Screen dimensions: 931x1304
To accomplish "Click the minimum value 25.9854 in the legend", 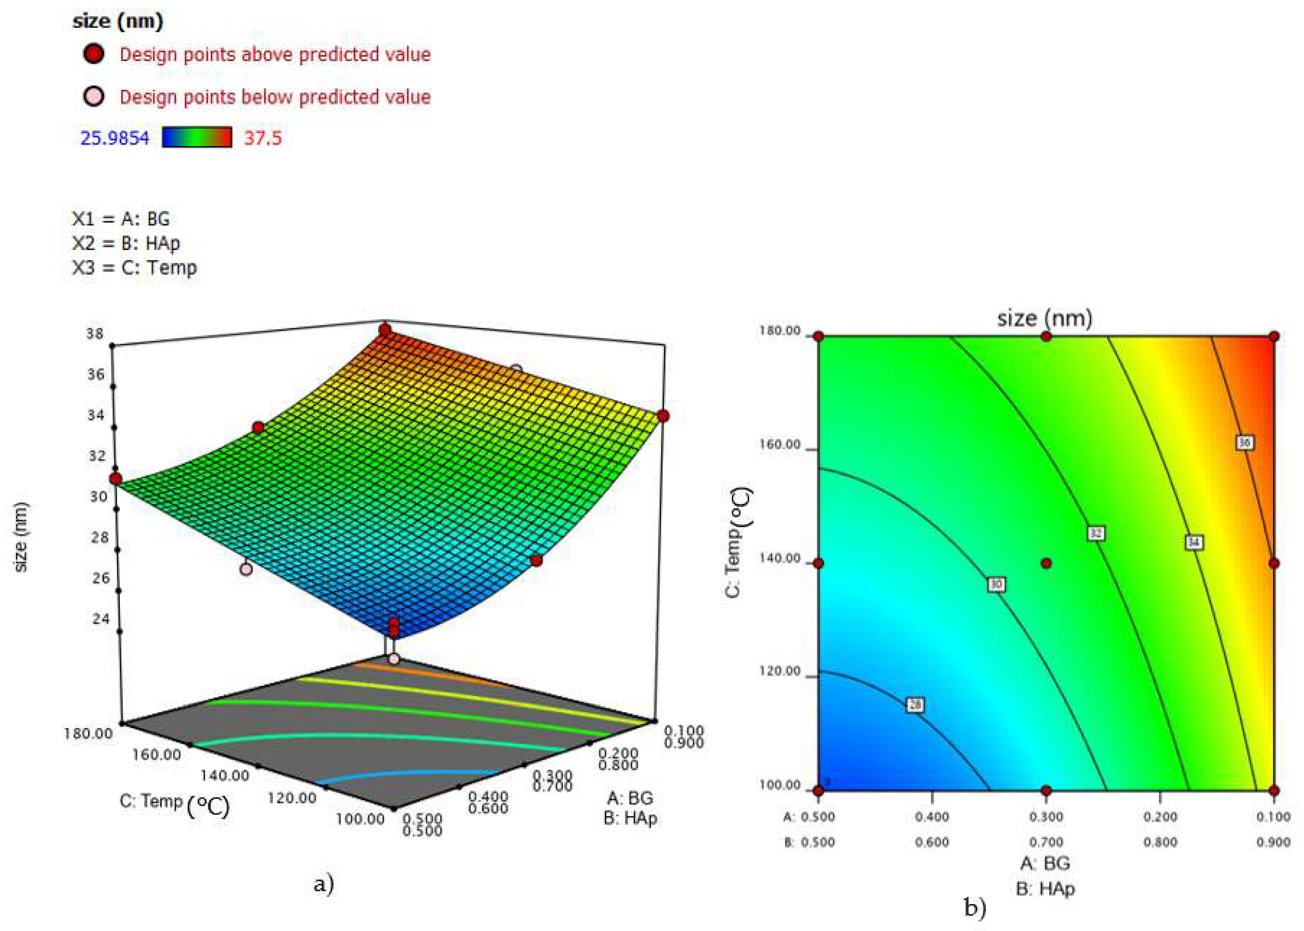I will pos(115,138).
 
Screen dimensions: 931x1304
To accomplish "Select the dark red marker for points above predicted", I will pos(94,54).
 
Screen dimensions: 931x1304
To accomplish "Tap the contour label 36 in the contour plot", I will pos(1244,443).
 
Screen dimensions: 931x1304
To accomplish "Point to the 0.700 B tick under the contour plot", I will pos(1046,842).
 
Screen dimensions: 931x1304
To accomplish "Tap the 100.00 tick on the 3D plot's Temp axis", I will pos(360,819).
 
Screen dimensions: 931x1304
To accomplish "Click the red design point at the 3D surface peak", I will pos(385,330).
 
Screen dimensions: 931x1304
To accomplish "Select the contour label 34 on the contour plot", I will pos(1194,542).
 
